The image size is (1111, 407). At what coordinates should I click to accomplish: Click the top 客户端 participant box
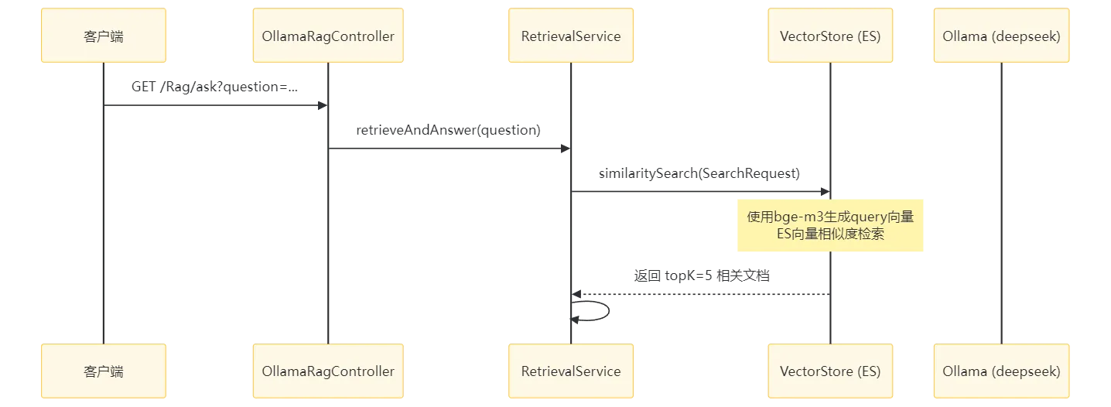[x=103, y=36]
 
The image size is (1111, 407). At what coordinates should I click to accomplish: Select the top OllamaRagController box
[x=328, y=36]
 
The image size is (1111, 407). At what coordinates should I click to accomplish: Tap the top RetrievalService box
[x=571, y=36]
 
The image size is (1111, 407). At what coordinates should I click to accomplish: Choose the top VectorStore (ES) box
[x=830, y=36]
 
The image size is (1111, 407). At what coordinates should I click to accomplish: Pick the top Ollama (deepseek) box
[x=1001, y=36]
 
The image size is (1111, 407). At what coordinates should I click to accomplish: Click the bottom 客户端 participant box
[x=103, y=371]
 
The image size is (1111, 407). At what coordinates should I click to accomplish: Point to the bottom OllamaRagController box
[x=328, y=371]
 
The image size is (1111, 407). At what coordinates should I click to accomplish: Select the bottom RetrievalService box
[x=571, y=371]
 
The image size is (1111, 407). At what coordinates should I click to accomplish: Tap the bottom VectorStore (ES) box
[x=830, y=371]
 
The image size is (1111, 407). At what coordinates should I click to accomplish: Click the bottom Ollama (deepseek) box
[x=1001, y=371]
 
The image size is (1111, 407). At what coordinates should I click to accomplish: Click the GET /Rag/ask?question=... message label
[x=215, y=87]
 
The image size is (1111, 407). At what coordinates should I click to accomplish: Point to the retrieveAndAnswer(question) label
[x=449, y=130]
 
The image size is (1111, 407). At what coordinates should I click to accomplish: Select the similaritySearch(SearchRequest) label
[x=699, y=173]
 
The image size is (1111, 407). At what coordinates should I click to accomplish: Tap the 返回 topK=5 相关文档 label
[x=702, y=275]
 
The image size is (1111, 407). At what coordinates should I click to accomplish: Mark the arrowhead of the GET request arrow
[x=323, y=105]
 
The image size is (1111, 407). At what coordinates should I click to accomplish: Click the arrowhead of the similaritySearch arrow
[x=826, y=192]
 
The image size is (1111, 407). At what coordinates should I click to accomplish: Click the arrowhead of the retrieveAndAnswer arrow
[x=566, y=149]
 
